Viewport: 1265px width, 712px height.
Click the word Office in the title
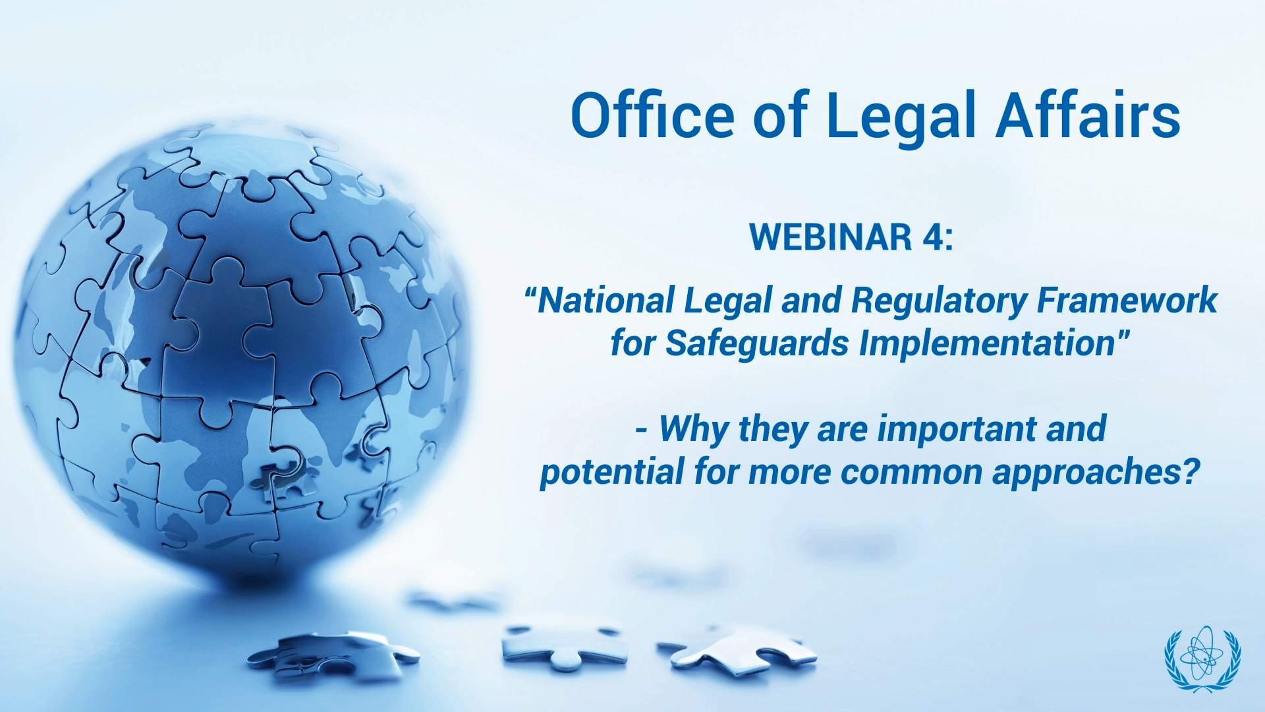tap(652, 115)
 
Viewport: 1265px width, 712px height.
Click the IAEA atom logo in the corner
tap(1202, 659)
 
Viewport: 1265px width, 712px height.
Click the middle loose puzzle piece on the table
tap(563, 644)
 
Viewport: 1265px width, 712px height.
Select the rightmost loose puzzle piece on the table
tap(738, 649)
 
